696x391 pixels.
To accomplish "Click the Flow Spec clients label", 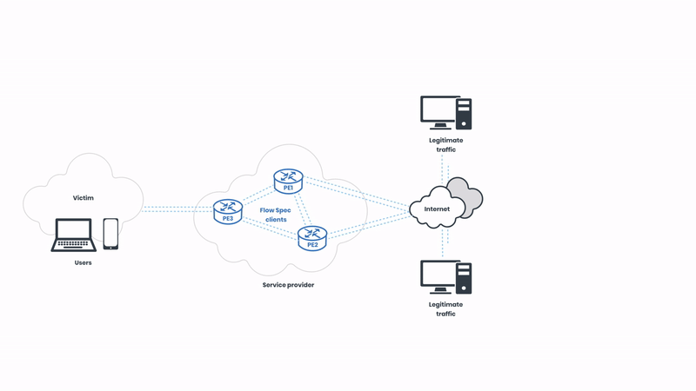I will [x=275, y=215].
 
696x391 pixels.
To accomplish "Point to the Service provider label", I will [x=288, y=285].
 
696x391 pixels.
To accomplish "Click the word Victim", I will [x=84, y=198].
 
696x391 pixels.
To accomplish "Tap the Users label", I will [x=84, y=262].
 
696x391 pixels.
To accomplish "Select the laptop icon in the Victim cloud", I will [x=74, y=234].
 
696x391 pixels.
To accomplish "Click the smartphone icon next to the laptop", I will [x=110, y=234].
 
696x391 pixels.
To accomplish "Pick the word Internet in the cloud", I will [x=437, y=209].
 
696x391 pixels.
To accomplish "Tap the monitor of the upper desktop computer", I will [x=440, y=111].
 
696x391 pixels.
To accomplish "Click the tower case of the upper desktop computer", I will [x=464, y=114].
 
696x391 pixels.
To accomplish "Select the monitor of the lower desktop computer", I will [x=440, y=275].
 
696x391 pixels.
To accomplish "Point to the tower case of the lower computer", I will [x=464, y=278].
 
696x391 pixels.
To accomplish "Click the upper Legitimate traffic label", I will [x=445, y=144].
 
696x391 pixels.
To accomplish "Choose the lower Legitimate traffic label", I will [x=445, y=308].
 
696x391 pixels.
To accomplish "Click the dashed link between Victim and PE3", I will [x=177, y=209].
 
